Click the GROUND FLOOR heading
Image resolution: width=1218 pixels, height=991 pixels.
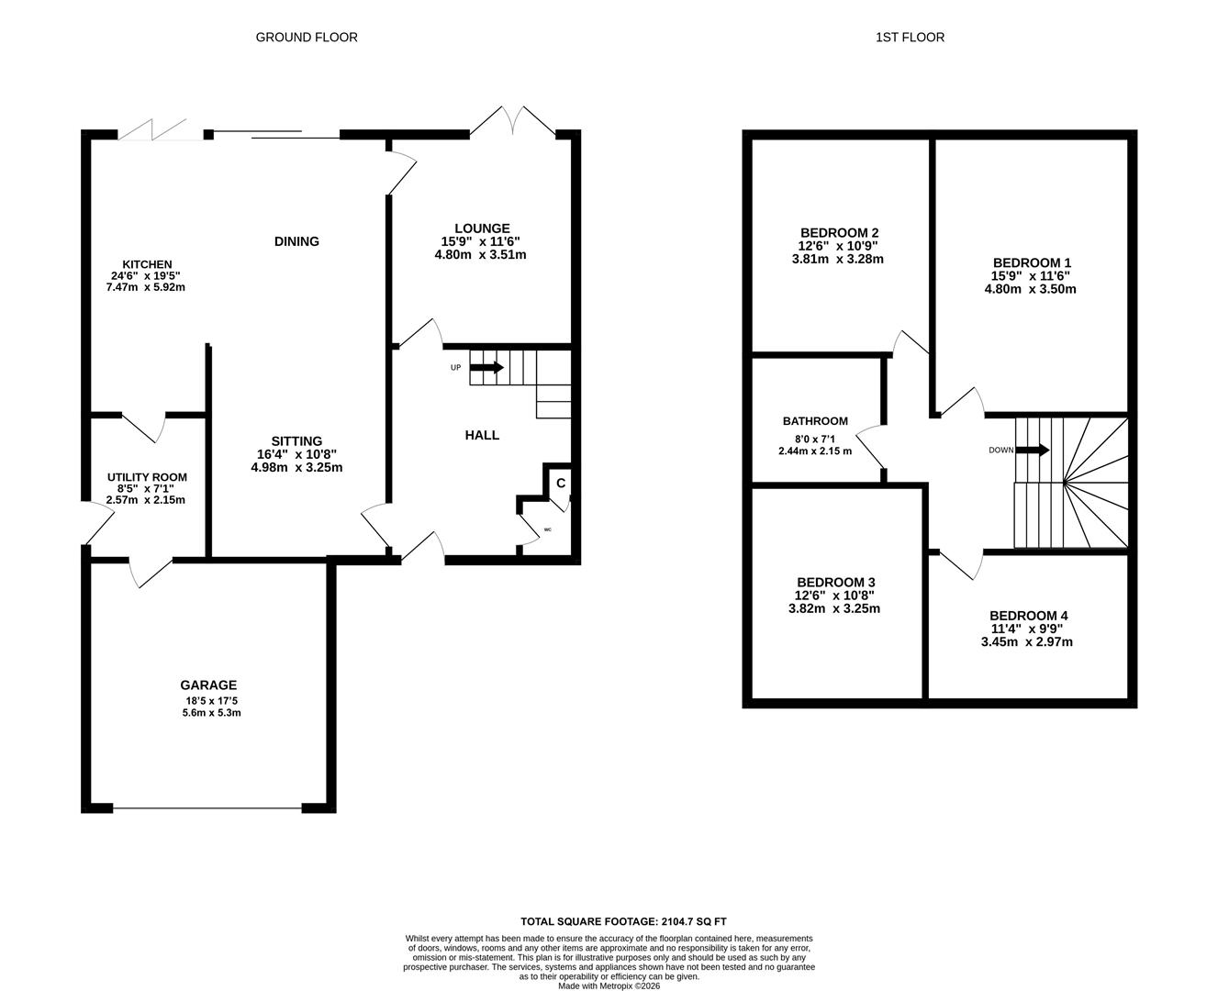pyautogui.click(x=307, y=38)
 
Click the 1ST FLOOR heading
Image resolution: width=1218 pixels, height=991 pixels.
pyautogui.click(x=910, y=38)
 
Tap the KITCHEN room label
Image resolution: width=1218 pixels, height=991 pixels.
pyautogui.click(x=147, y=264)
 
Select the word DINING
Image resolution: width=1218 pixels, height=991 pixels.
pyautogui.click(x=296, y=241)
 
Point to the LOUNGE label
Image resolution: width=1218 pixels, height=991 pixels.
pyautogui.click(x=482, y=228)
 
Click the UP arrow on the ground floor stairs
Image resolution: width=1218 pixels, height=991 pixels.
pyautogui.click(x=486, y=367)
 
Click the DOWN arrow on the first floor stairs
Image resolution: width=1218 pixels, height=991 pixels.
pyautogui.click(x=1033, y=450)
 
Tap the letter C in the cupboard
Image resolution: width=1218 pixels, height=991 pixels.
pyautogui.click(x=561, y=484)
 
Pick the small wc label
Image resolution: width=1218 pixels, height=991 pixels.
pyautogui.click(x=547, y=529)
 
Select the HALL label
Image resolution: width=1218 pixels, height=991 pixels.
pyautogui.click(x=482, y=436)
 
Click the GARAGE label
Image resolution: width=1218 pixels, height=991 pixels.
pyautogui.click(x=208, y=685)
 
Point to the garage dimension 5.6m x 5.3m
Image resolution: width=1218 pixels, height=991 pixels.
pyautogui.click(x=212, y=713)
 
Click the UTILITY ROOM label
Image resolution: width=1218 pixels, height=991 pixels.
pyautogui.click(x=147, y=477)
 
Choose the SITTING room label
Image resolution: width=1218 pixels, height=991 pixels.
pyautogui.click(x=296, y=441)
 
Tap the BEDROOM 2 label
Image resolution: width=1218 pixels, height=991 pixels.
pyautogui.click(x=840, y=233)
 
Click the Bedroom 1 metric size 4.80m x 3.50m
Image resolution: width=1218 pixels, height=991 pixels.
pyautogui.click(x=1031, y=289)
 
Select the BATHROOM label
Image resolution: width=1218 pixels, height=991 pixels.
pyautogui.click(x=815, y=421)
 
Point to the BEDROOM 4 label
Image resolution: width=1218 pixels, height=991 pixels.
pyautogui.click(x=1029, y=616)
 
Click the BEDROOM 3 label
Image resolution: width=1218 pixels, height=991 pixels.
pyautogui.click(x=836, y=583)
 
